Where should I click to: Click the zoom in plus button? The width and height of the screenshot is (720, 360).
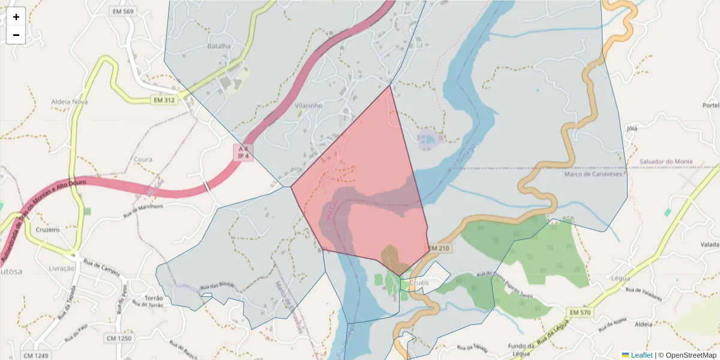[16, 17]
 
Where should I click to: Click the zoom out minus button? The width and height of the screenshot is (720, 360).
[16, 35]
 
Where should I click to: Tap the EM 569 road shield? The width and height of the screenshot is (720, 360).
[122, 11]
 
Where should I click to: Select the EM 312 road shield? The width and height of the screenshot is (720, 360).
[164, 100]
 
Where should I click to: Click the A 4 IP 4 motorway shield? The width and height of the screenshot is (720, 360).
[243, 152]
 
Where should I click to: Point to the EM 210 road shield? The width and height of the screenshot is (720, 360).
[439, 248]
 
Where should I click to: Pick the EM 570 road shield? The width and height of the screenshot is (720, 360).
[581, 312]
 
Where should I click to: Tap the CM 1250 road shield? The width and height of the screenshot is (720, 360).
[119, 338]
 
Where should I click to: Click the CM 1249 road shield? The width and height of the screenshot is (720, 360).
[36, 356]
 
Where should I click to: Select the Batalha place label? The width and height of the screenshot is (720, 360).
[219, 46]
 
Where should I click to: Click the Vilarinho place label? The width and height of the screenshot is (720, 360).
[309, 105]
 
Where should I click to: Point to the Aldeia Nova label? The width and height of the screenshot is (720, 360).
[70, 101]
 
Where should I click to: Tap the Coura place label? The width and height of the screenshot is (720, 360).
[144, 160]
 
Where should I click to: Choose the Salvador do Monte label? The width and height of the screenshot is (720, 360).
[666, 162]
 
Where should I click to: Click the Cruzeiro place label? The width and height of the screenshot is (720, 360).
[47, 229]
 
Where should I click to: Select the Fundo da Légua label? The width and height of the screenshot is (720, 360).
[521, 350]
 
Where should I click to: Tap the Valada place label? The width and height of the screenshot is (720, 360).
[709, 245]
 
